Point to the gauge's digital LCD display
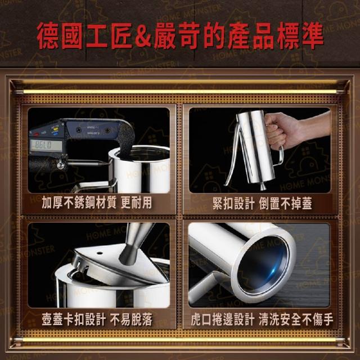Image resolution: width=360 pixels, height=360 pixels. [46, 145]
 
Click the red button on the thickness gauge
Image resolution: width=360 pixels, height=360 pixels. [37, 133]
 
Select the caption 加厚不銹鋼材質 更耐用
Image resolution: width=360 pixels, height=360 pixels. [96, 202]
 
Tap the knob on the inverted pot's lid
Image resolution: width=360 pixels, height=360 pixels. [263, 186]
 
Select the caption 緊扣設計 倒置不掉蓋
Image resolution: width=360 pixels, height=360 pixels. [262, 204]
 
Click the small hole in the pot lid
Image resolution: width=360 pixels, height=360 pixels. [100, 253]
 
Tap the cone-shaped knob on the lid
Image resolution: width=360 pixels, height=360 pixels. [134, 244]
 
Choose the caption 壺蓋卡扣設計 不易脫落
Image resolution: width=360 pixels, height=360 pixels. [97, 319]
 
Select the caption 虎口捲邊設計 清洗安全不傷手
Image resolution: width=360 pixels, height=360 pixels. [262, 319]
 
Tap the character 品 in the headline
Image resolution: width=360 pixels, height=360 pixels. [263, 35]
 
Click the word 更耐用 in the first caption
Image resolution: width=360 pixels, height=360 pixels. [136, 202]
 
